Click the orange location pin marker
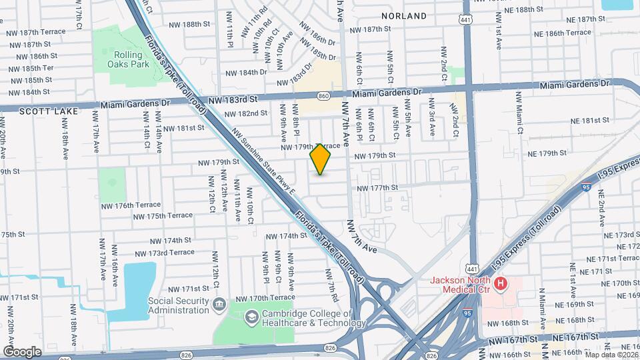[321, 159]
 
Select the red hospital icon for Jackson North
[501, 284]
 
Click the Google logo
[22, 351]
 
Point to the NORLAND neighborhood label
[404, 15]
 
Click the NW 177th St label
[377, 189]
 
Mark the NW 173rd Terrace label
[163, 253]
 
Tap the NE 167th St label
[575, 338]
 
